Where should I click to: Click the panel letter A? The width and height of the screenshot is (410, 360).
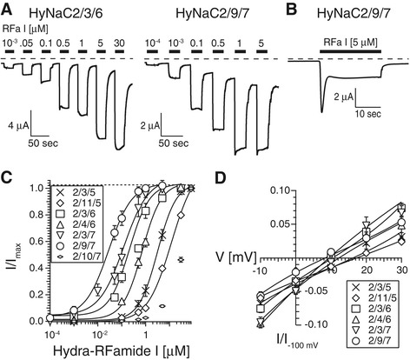[7, 10]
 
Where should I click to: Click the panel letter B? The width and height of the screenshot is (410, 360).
[293, 10]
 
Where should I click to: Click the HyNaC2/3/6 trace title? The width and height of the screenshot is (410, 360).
[67, 13]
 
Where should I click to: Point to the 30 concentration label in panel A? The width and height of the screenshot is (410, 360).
[119, 43]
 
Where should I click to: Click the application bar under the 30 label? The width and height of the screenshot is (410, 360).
[119, 51]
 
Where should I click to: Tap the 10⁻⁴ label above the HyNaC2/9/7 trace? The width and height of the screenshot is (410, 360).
[152, 43]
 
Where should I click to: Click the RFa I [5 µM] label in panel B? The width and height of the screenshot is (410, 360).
[350, 43]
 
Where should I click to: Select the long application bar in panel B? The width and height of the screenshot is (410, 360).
[350, 51]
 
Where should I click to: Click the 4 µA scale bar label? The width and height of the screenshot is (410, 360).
[18, 126]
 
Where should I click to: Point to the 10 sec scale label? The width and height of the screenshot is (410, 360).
[368, 114]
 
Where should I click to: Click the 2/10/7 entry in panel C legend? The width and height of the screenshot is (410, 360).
[78, 257]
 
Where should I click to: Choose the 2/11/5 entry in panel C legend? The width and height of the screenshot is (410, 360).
[78, 203]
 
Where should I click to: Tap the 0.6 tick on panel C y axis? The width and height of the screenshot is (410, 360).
[37, 242]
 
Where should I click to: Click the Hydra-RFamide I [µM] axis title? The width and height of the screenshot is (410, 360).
[122, 350]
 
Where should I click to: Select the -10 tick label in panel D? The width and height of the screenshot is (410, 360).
[260, 270]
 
